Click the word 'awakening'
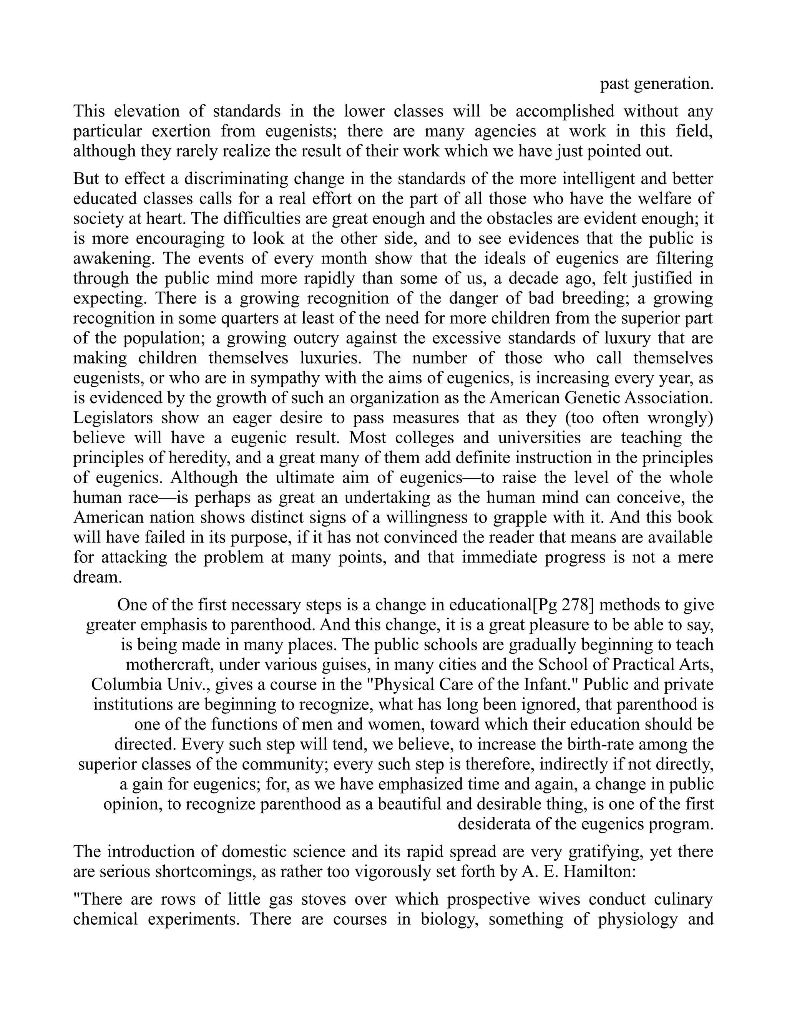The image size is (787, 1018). (112, 258)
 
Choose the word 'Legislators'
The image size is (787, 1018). (112, 418)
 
